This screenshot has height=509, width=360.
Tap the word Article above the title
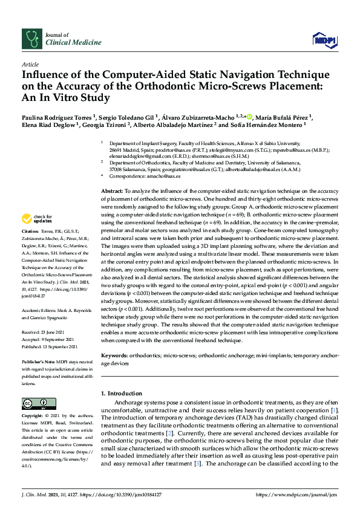point(30,63)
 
